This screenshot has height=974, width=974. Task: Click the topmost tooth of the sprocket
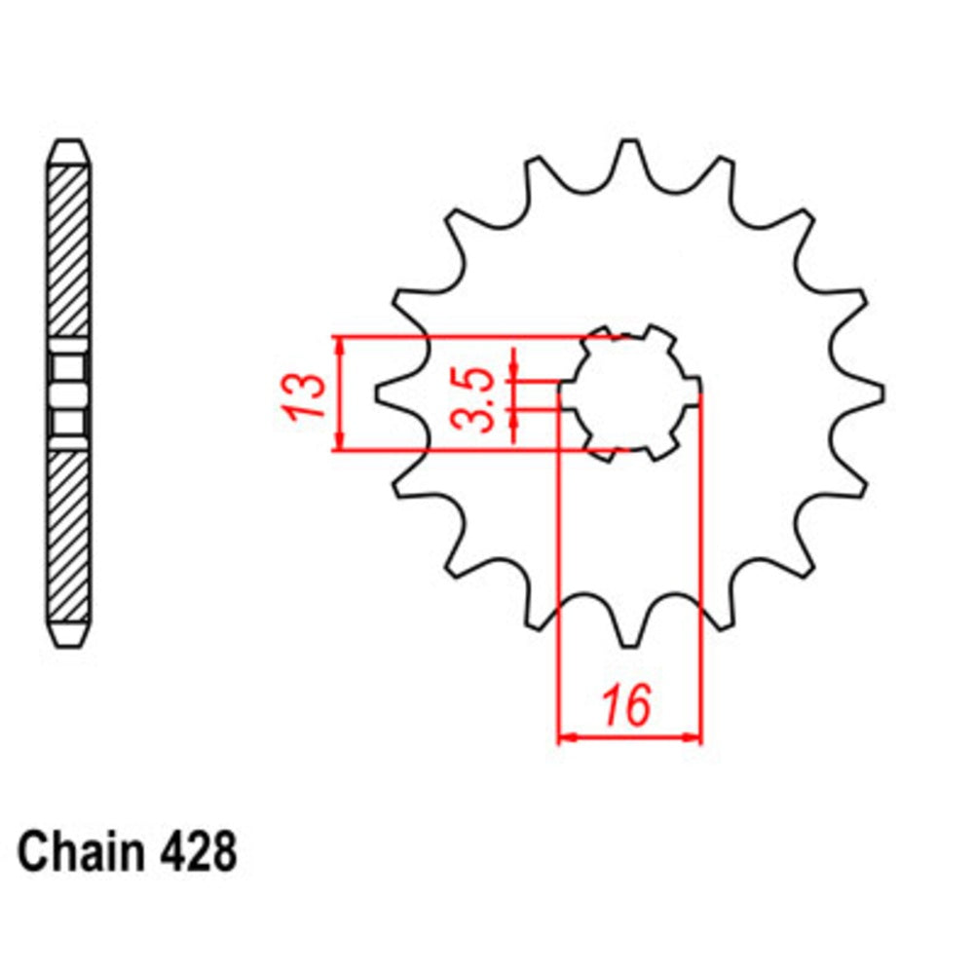pyautogui.click(x=629, y=156)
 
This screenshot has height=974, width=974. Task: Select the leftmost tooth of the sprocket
pyautogui.click(x=390, y=393)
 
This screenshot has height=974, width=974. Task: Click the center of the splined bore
pyautogui.click(x=629, y=393)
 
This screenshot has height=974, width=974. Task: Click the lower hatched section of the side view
pyautogui.click(x=70, y=536)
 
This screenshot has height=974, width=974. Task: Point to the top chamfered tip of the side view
pyautogui.click(x=70, y=154)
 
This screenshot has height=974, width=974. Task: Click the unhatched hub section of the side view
pyautogui.click(x=70, y=393)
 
